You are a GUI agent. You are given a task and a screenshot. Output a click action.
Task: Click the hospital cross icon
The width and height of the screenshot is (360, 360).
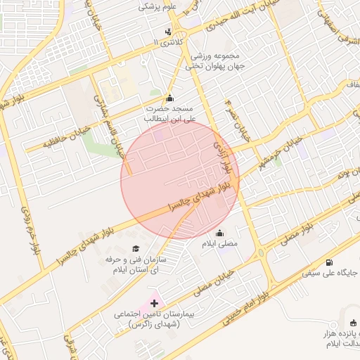tap(155, 303)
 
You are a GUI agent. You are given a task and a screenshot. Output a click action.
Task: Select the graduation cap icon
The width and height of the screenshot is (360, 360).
tap(135, 248)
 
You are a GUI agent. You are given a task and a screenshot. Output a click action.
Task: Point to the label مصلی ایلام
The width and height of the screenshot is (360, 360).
tap(220, 243)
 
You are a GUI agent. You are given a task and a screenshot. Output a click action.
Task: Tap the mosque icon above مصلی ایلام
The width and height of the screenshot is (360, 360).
tap(220, 233)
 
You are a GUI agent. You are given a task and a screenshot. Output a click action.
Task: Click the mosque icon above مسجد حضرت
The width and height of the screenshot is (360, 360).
tap(169, 98)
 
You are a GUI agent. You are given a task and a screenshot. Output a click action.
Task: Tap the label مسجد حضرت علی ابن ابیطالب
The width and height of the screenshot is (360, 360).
tap(169, 114)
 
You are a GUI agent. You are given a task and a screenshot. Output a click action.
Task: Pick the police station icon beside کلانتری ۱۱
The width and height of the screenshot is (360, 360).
tap(168, 32)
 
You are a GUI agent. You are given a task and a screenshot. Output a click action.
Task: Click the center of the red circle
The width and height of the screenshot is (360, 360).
tap(180, 180)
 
